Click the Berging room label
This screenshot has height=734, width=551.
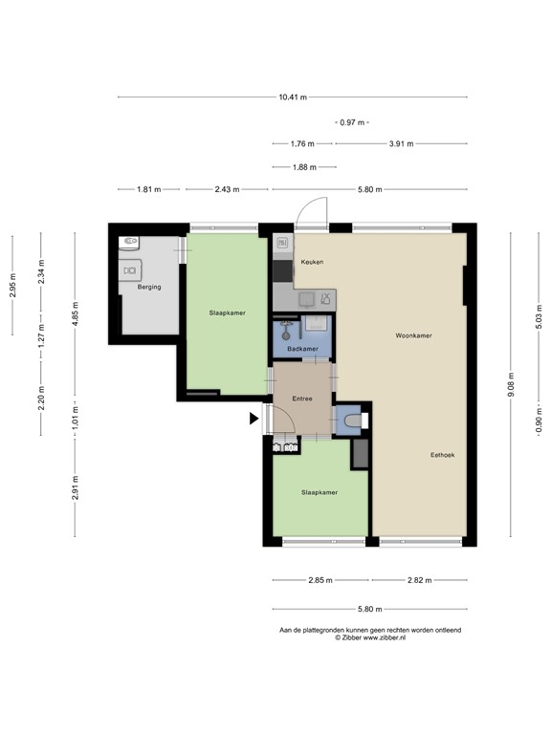148,287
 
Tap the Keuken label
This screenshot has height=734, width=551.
312,262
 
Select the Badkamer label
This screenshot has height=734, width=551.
302,349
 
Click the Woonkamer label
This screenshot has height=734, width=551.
413,336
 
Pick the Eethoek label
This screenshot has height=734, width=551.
442,455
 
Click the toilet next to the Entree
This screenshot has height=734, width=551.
351,420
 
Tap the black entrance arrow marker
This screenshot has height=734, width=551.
253,418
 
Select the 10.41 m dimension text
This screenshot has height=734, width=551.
292,97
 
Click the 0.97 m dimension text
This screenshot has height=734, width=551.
351,122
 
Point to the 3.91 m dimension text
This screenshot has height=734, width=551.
401,144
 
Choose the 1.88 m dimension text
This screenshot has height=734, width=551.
301,167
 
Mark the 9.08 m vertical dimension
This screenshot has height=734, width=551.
512,384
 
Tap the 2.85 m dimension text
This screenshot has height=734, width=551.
320,580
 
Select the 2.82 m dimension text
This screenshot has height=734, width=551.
418,580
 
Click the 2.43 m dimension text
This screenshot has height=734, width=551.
227,189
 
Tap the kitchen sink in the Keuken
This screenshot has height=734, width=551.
306,299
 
